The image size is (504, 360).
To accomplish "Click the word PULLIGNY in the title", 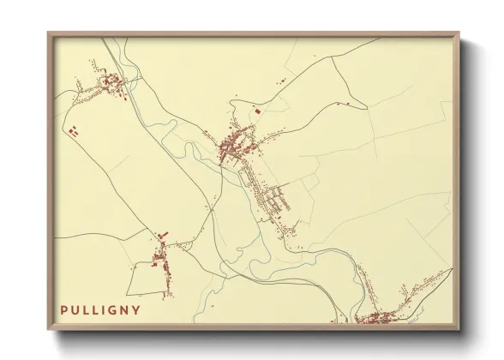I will tap(100, 309).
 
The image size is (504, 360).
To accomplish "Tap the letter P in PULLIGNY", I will tap(64, 309).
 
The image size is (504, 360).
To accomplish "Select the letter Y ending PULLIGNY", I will tap(137, 309).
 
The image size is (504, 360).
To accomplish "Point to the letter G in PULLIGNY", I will tap(115, 309).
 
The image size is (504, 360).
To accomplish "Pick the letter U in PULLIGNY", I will tap(75, 309).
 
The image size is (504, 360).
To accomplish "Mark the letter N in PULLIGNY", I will tap(126, 309).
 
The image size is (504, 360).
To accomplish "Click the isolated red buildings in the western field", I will tap(73, 131).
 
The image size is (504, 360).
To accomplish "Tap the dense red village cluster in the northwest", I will tap(112, 82).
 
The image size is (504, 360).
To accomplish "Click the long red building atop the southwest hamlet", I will tap(162, 235).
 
